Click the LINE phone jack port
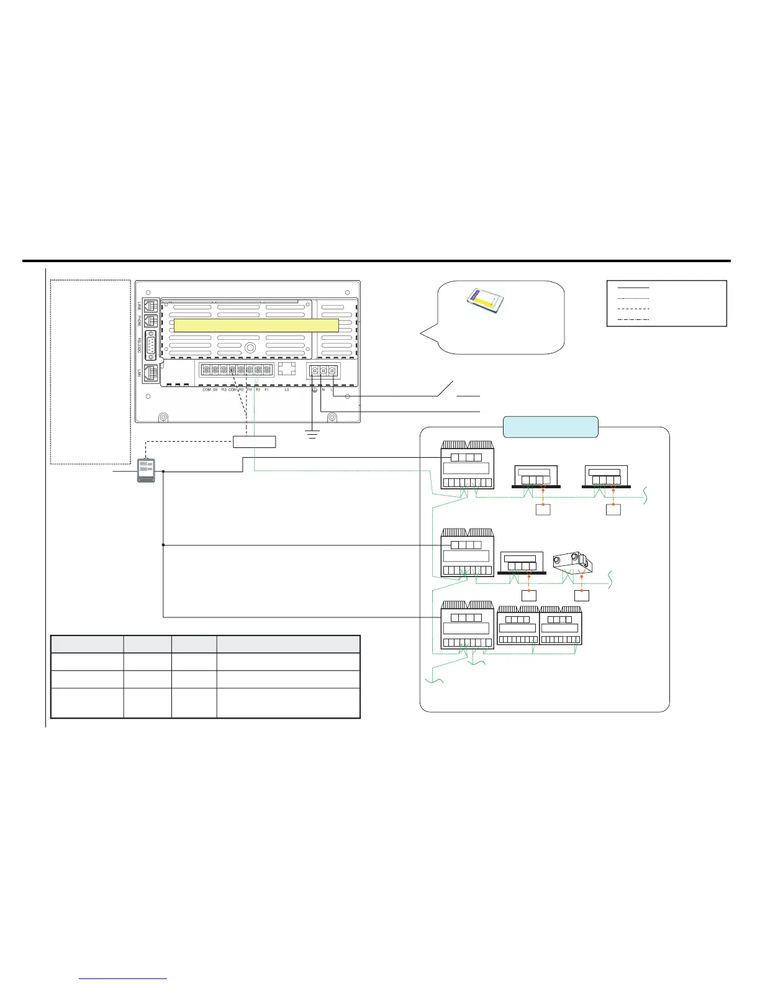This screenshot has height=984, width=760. point(152,306)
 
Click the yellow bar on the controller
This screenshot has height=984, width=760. point(256,326)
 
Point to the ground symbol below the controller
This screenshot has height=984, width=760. point(312,433)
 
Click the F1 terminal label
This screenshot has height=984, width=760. point(266,390)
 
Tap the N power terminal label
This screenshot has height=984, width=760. point(323,390)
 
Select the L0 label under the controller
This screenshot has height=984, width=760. point(286,390)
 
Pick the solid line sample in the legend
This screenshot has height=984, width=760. point(633,288)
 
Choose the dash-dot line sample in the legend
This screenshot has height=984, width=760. point(633,319)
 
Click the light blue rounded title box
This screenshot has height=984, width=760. point(550,427)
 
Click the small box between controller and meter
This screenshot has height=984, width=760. point(254,442)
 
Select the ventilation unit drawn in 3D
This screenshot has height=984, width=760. point(572,561)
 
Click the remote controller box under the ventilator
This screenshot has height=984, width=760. point(582,595)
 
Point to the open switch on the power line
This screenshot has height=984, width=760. point(446,388)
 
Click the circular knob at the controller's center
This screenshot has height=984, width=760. point(250,348)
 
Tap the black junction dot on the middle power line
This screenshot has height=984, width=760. point(163,545)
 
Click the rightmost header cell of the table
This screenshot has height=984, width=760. point(288,644)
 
